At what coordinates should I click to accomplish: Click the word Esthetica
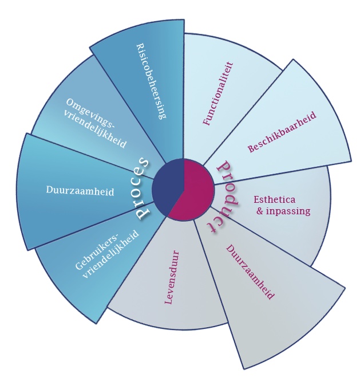pyautogui.click(x=274, y=200)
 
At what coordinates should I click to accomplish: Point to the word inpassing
pyautogui.click(x=289, y=211)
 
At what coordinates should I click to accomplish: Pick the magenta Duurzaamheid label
pyautogui.click(x=250, y=272)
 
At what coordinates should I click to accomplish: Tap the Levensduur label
pyautogui.click(x=169, y=277)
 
